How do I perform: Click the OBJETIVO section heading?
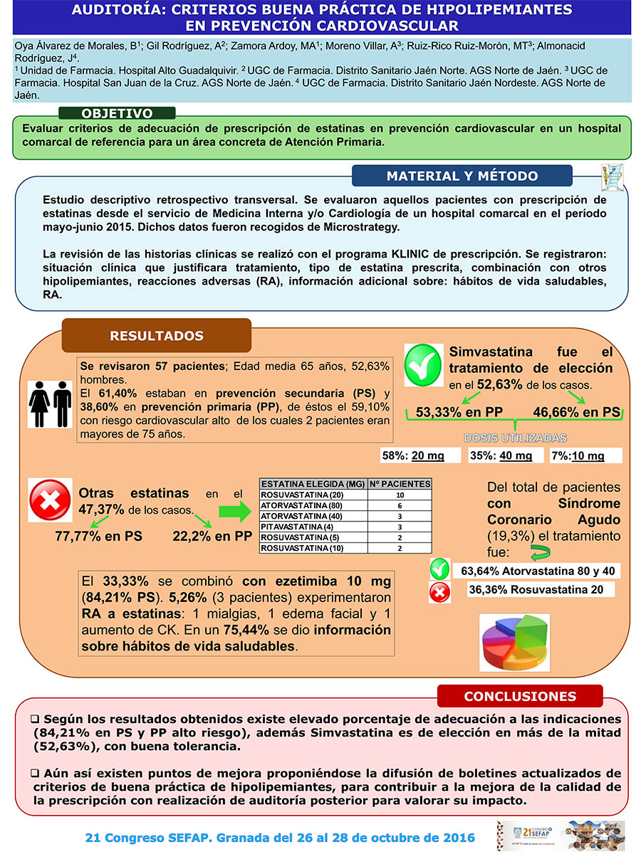point(117,114)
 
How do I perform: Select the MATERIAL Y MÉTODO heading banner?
point(462,176)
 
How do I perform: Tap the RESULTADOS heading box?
point(157,336)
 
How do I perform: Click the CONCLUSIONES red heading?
point(520,696)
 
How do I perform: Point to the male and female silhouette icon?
point(50,404)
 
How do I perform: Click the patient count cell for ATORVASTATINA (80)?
point(400,505)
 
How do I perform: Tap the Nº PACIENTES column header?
point(400,484)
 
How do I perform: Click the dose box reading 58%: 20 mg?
point(422,456)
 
